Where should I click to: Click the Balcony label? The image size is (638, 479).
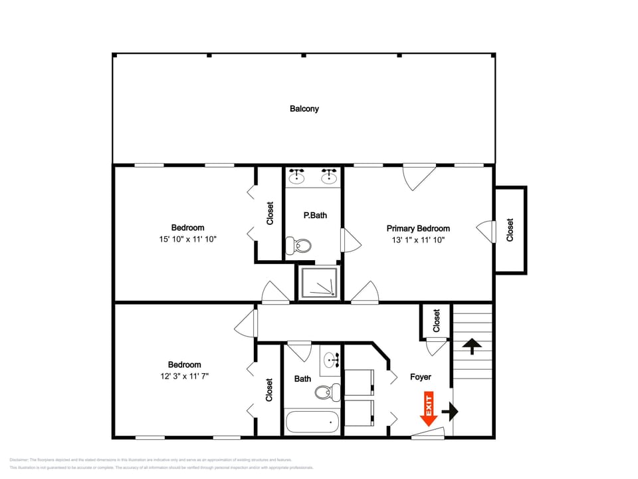click(304, 108)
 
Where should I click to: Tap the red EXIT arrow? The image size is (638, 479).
click(427, 409)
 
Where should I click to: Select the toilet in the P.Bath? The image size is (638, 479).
click(298, 246)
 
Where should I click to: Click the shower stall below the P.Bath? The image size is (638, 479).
click(319, 282)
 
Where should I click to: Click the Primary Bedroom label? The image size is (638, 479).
click(418, 228)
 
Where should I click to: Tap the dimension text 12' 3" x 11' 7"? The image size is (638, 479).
click(184, 377)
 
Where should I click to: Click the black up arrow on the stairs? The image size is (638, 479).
click(472, 345)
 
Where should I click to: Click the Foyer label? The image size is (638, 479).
click(420, 377)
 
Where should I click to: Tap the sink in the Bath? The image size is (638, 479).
click(330, 361)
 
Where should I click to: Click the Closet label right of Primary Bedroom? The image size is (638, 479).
click(510, 230)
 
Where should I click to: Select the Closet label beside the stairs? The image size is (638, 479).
click(437, 321)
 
